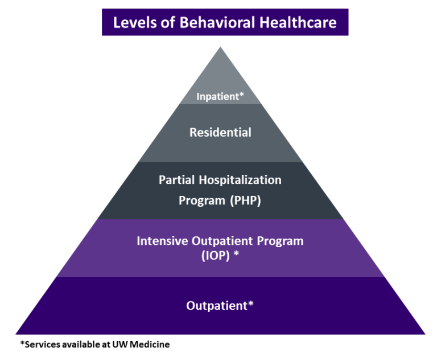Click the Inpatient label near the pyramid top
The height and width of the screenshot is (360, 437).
tap(217, 96)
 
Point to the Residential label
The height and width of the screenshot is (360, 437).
tap(220, 133)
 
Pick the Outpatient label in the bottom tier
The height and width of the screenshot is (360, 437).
tap(217, 306)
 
